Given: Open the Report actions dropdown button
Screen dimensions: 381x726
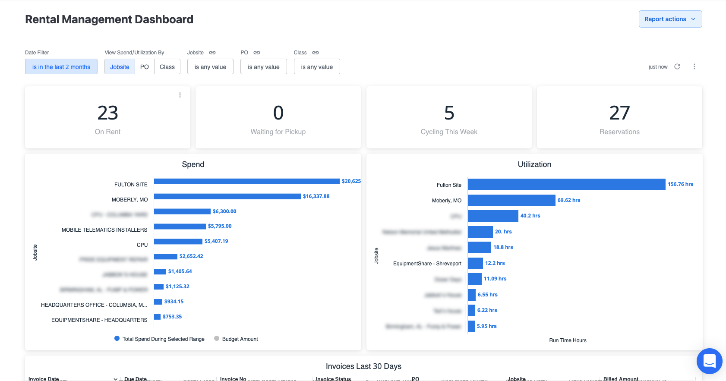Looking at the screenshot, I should (x=670, y=19).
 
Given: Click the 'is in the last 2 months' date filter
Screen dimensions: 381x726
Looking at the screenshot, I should (x=61, y=67).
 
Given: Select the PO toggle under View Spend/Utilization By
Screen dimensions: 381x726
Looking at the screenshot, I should (x=145, y=67).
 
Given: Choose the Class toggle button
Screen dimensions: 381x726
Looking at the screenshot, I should (x=167, y=67).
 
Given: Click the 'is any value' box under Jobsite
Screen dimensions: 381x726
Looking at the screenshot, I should (x=210, y=67).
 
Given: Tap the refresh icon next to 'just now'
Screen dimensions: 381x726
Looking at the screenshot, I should (x=677, y=66).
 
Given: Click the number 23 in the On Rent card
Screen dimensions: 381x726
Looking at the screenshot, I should (x=107, y=113).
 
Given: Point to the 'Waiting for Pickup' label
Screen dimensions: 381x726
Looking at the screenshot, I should (x=278, y=132).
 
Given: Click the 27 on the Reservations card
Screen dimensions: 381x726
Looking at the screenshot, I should (x=619, y=113).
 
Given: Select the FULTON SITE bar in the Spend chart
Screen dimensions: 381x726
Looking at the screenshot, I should (x=246, y=181).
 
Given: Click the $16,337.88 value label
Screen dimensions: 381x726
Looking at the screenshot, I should (x=316, y=196).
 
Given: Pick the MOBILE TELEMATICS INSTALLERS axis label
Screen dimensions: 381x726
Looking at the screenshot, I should (x=104, y=230).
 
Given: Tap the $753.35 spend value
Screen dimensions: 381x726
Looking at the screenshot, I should (x=172, y=317).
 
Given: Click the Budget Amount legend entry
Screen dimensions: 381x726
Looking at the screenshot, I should (x=240, y=339).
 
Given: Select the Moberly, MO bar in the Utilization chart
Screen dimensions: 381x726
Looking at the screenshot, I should (x=511, y=200).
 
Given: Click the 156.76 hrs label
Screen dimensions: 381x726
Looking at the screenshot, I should (x=680, y=184).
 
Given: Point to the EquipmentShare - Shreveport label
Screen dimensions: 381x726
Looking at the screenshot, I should (x=427, y=264).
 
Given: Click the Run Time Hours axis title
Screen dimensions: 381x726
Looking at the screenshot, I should (x=568, y=340).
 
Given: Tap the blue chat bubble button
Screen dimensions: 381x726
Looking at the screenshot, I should (x=709, y=361).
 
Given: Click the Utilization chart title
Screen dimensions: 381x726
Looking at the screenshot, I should (x=534, y=164).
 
